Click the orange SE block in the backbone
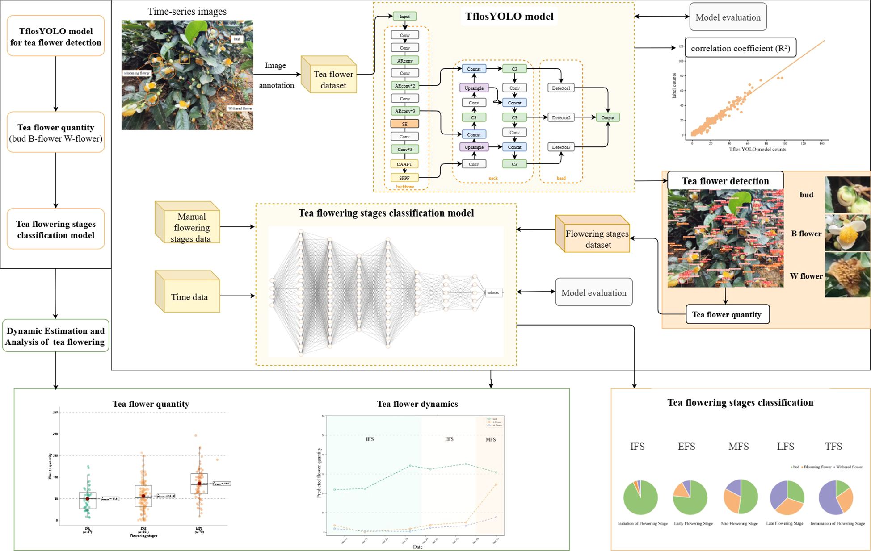click(x=404, y=124)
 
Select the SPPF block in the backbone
click(x=404, y=178)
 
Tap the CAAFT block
click(x=404, y=164)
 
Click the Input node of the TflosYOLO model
click(x=404, y=17)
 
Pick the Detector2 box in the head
click(x=561, y=117)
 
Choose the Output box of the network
click(x=607, y=117)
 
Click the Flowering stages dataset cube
click(x=593, y=234)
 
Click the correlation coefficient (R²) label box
click(x=740, y=48)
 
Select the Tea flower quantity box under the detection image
click(x=727, y=314)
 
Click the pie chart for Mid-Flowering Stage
click(x=740, y=497)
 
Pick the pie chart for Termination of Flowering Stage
click(x=836, y=497)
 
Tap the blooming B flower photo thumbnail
click(x=847, y=233)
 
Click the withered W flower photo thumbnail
click(x=847, y=275)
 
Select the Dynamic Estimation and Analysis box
click(x=55, y=336)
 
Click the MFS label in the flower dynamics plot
click(x=491, y=439)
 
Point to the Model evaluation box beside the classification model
click(x=593, y=292)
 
